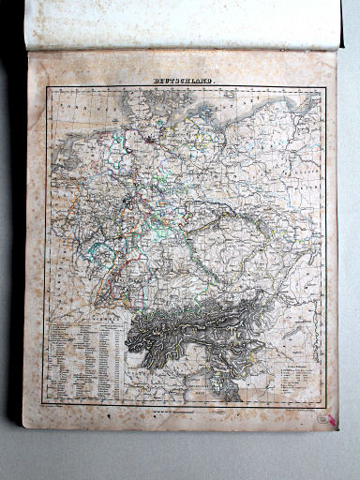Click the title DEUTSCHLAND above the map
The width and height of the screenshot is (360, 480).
(x=183, y=82)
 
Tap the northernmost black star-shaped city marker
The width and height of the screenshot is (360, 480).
(x=149, y=140)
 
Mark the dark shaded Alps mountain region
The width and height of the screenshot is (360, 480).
(x=197, y=333)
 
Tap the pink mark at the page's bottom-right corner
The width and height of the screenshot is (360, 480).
(x=330, y=418)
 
